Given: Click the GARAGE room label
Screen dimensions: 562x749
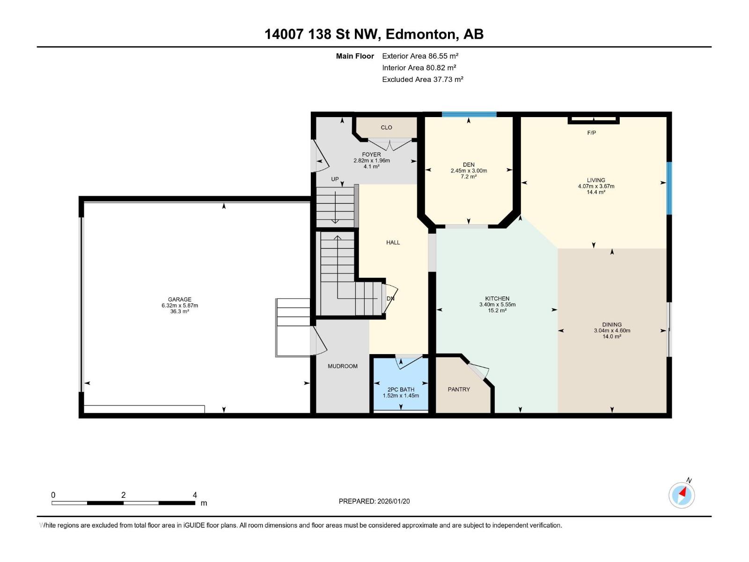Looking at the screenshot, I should point(180,299).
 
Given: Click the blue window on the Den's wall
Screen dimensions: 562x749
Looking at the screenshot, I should point(469,114).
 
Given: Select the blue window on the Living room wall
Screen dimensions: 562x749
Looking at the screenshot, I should point(669,188).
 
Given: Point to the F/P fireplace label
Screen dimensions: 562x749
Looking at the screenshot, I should point(591,133).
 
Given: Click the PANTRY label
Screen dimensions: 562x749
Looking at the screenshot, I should point(459,389).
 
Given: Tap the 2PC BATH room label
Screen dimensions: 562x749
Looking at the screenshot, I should point(401,389).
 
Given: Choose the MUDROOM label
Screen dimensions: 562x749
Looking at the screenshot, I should point(343,366).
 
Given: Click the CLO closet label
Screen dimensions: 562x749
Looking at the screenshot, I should point(386,127).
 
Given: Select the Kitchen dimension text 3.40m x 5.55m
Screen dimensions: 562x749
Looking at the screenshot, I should point(497,304).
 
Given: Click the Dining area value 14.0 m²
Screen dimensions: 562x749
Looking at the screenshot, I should point(612,336).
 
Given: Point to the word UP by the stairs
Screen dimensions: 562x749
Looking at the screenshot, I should point(335,179).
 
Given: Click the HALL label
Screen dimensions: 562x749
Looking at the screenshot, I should point(393,243).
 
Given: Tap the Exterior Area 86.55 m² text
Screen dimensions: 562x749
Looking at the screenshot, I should point(420,56).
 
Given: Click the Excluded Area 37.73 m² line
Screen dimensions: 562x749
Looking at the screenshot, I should point(422,80).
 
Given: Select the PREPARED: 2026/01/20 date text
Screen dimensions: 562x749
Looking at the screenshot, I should point(374,501).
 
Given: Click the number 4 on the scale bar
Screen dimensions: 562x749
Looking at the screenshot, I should point(195,495).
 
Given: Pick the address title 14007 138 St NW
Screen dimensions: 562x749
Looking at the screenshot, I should point(323,34).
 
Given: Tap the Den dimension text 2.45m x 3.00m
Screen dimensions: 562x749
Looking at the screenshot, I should point(469,170).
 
